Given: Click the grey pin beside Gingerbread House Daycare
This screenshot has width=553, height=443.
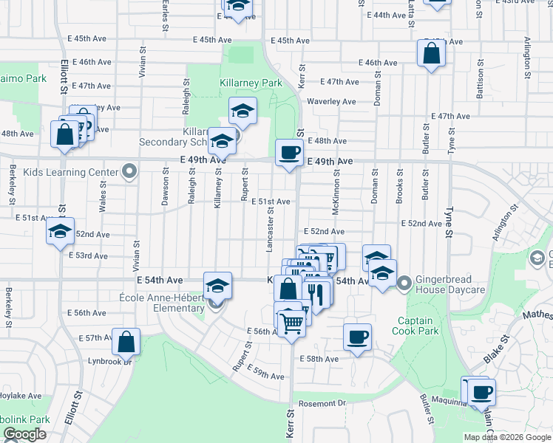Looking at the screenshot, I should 404,283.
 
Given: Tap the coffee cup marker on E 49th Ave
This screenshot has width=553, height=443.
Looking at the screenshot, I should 289,152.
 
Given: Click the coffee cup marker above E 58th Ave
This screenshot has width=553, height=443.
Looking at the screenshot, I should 358,337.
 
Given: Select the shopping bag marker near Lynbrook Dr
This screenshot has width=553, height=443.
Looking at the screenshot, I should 126,341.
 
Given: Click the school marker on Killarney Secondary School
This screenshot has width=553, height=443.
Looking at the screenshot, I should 222,139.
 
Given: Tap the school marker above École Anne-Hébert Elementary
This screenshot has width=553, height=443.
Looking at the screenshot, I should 218,286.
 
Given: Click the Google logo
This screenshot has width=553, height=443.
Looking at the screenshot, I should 24,434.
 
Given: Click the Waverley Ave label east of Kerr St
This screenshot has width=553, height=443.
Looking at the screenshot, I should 331,101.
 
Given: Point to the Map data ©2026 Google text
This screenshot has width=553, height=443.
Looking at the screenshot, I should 506,437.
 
